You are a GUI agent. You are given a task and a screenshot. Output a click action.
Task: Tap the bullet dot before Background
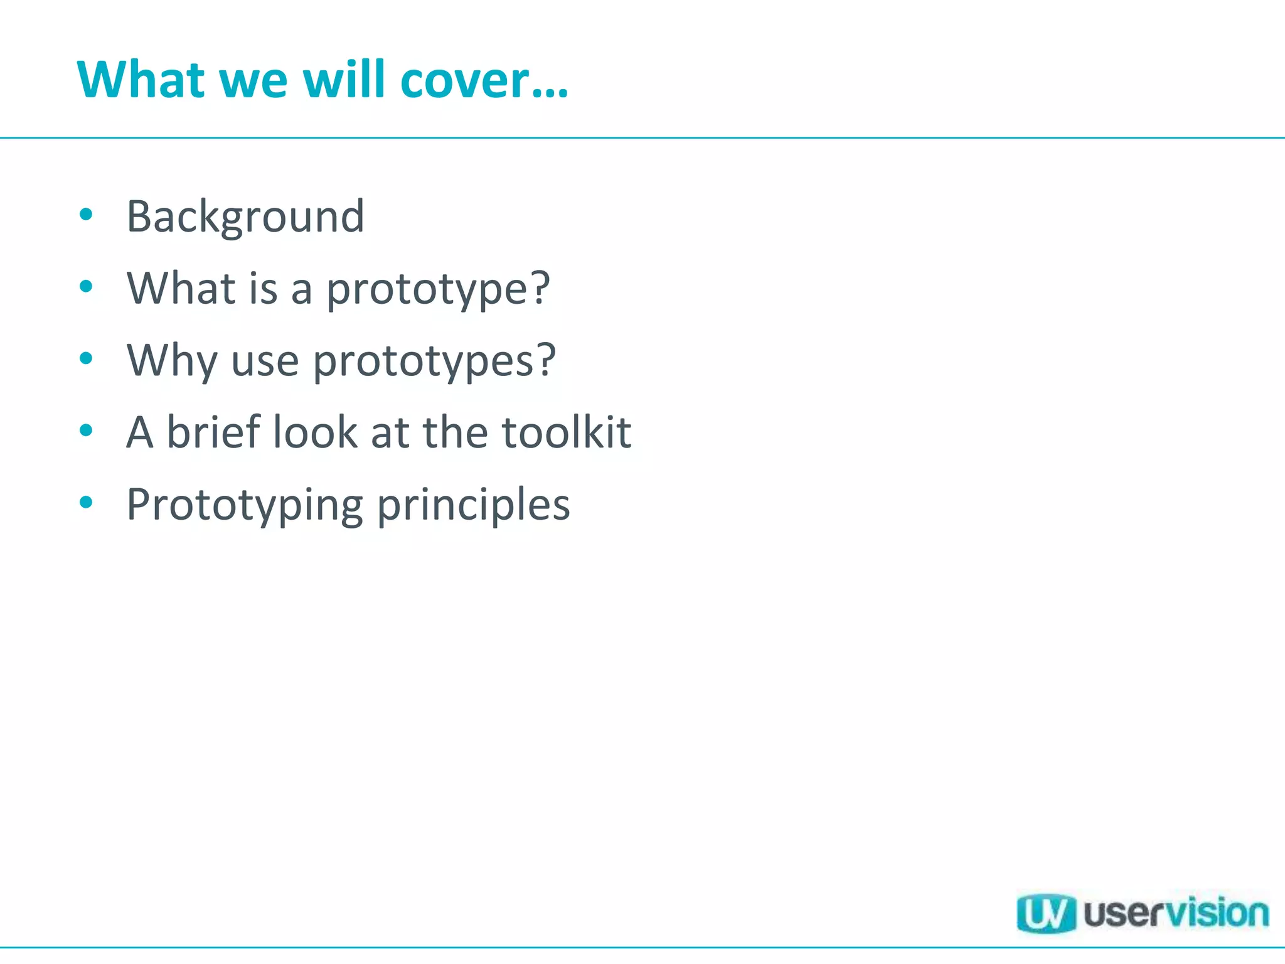tap(87, 215)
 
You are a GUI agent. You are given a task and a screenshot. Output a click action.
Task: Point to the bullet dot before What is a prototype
tap(87, 287)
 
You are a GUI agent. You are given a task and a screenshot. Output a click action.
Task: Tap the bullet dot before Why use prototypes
tap(87, 359)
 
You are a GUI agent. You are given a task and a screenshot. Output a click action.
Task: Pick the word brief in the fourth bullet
tap(213, 432)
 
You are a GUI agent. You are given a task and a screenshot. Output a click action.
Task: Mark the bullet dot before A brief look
tap(87, 431)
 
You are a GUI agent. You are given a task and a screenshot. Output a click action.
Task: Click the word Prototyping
tap(245, 506)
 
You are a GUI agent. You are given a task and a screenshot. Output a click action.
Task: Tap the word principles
tap(474, 506)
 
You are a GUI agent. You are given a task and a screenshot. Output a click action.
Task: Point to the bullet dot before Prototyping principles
tap(87, 503)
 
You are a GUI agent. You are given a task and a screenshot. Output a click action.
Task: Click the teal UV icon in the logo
tap(1046, 913)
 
